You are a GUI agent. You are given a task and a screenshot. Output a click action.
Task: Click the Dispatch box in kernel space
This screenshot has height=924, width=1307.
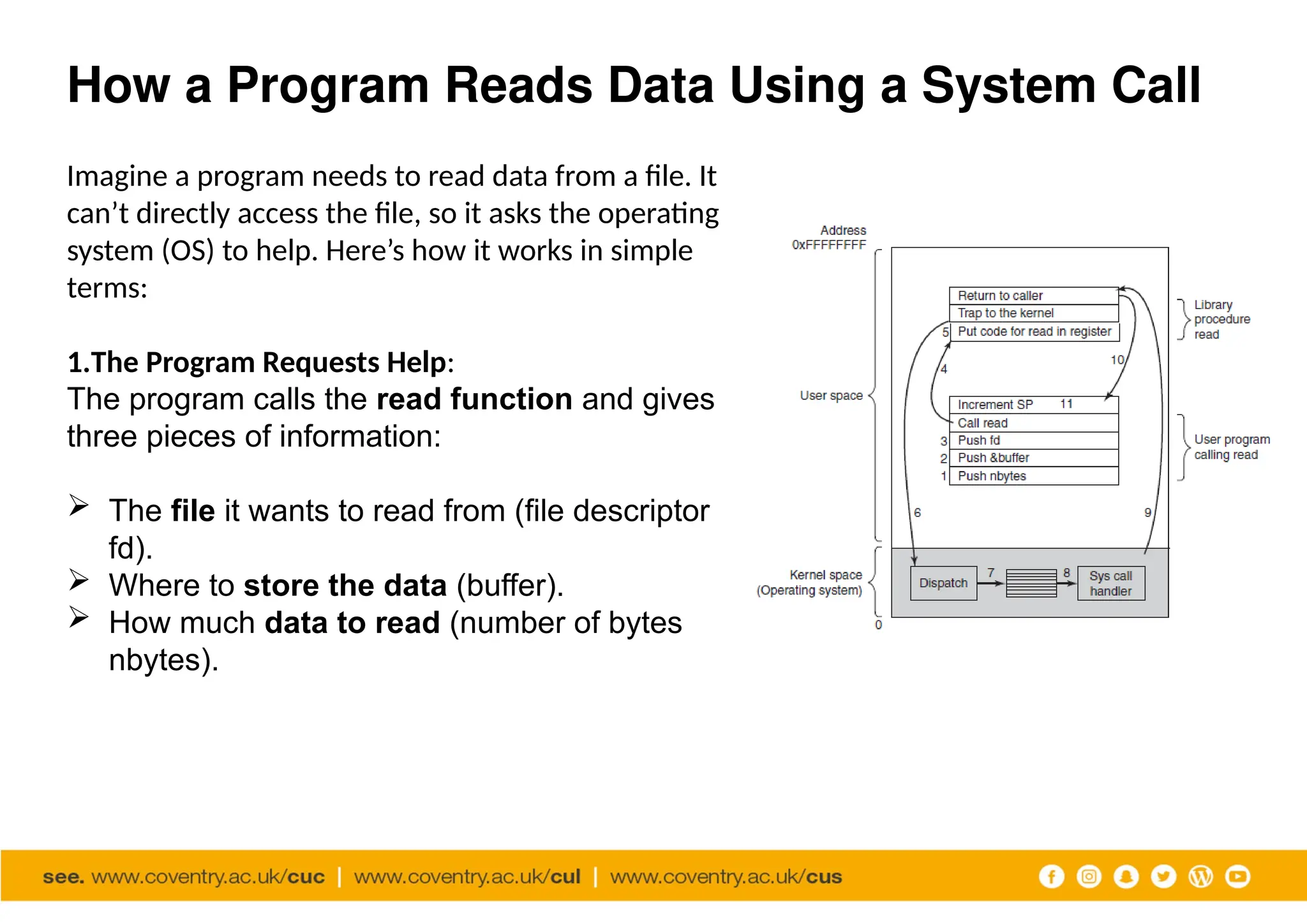click(x=943, y=583)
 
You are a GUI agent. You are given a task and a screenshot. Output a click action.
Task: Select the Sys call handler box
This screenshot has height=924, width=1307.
click(x=1110, y=583)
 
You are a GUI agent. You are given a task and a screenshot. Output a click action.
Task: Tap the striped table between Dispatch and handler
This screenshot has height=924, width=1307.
click(x=1031, y=583)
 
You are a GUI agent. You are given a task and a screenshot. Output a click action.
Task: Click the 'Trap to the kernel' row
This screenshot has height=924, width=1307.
click(x=1033, y=313)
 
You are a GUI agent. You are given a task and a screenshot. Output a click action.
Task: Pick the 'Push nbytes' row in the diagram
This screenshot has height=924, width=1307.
click(x=1033, y=476)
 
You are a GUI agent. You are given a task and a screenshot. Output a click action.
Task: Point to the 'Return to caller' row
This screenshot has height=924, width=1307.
click(x=1033, y=295)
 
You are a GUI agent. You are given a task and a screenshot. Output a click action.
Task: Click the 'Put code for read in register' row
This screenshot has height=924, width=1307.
click(x=1034, y=332)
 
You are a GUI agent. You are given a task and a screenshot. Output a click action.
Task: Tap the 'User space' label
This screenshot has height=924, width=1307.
click(x=831, y=396)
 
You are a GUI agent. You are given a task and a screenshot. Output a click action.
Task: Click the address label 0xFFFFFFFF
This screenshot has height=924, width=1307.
click(x=828, y=245)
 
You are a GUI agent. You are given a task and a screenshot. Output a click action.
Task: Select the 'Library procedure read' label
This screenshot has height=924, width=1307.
click(x=1221, y=319)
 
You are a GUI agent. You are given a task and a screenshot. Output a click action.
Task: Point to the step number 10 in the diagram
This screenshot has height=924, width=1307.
click(x=1117, y=360)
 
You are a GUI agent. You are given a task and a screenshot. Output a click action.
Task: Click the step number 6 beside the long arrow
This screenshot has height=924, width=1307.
click(x=917, y=512)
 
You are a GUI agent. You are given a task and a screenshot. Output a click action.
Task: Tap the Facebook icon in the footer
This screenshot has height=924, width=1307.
click(x=1052, y=876)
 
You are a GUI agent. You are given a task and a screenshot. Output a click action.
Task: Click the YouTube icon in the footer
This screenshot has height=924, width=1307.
click(x=1237, y=876)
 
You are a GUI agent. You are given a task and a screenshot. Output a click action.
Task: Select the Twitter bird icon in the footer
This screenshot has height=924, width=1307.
click(x=1163, y=876)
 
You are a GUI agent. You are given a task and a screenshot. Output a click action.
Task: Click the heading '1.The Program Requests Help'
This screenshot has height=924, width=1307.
click(x=260, y=362)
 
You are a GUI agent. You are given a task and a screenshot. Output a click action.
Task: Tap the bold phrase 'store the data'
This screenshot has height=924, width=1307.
click(x=345, y=585)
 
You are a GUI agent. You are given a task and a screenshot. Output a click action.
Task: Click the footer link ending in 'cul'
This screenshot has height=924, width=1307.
click(x=467, y=877)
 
